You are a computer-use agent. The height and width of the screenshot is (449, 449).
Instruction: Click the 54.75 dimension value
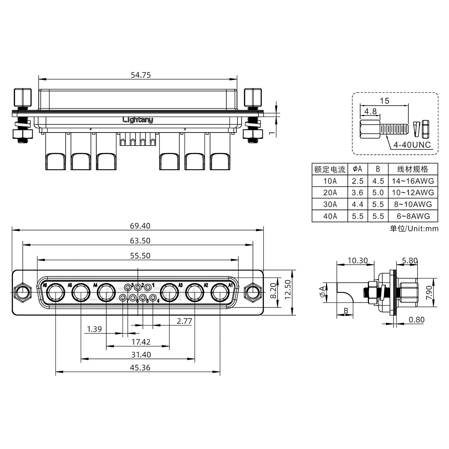point(141,75)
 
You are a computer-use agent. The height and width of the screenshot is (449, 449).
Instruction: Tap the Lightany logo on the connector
point(138,120)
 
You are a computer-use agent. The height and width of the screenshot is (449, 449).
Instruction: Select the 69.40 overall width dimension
point(140,226)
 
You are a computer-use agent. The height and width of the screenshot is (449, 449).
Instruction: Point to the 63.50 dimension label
point(140,241)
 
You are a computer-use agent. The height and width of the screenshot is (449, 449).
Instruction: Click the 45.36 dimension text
point(140,368)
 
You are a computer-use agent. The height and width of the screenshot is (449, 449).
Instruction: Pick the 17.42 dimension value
point(141,342)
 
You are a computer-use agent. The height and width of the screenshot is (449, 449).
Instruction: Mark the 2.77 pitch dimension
point(184,321)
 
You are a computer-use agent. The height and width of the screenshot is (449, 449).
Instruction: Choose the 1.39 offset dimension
point(94,329)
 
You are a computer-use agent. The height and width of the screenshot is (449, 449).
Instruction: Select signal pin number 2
point(138,287)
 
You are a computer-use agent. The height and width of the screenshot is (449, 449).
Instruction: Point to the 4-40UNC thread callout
point(412,145)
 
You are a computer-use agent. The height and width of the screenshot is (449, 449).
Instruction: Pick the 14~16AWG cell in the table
point(413,181)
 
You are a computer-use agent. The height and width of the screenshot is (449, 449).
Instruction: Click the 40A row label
point(330,216)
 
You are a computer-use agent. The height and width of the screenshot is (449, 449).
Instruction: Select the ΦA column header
point(357,169)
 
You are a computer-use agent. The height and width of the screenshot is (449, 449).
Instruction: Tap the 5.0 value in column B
point(378,193)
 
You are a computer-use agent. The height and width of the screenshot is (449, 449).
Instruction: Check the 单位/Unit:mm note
point(414,229)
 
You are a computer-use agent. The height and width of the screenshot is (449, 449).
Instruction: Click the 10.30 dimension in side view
point(357,260)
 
